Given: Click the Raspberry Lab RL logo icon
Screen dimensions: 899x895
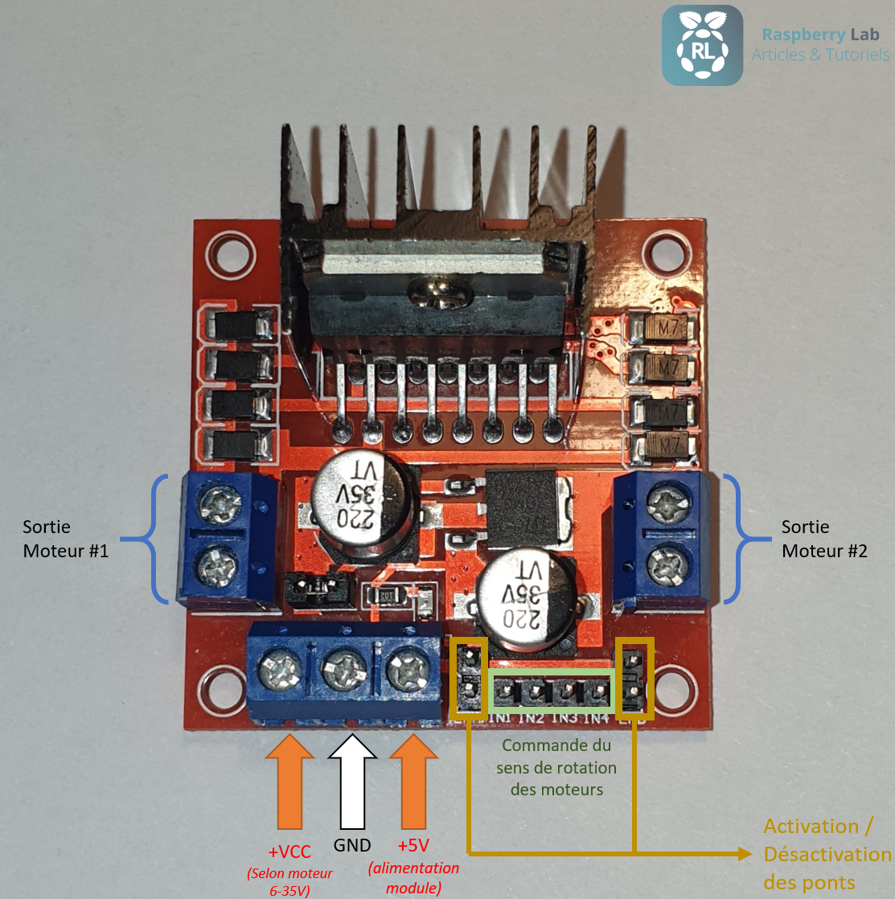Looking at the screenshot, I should (702, 45).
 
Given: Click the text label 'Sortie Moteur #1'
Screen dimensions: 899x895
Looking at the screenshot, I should (65, 539).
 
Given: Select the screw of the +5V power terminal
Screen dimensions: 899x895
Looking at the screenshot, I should (407, 669).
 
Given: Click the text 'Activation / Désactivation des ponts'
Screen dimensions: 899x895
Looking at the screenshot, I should (827, 854).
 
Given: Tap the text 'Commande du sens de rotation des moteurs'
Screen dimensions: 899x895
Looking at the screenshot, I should (556, 767).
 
